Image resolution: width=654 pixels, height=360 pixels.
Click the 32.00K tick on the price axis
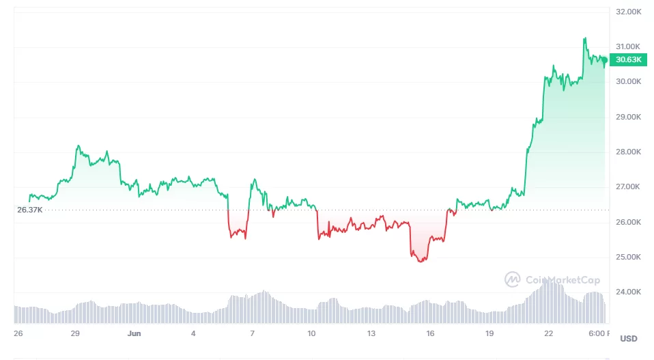(629, 12)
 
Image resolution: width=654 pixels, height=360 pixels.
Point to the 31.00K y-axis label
(629, 46)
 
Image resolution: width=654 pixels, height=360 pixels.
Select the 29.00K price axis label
(629, 117)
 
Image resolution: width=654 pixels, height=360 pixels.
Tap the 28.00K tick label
(629, 152)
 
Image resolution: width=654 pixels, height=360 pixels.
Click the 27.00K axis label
(629, 186)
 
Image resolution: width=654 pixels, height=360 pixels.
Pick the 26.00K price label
(629, 222)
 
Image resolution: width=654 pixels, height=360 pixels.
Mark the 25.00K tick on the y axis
(629, 257)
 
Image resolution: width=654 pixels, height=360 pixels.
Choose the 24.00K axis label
(629, 292)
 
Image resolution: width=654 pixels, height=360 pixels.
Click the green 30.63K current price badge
(628, 59)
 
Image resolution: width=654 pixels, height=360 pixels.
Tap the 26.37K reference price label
(30, 210)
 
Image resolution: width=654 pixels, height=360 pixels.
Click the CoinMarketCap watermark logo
(513, 279)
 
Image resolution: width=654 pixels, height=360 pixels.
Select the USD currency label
(628, 339)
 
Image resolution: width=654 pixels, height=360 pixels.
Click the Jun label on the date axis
(134, 333)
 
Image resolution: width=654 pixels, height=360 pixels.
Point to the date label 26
(18, 333)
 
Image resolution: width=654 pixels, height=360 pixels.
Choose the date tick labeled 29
(76, 333)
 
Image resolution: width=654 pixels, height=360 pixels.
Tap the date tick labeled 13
(371, 333)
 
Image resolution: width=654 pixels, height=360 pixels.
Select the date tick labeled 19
(489, 333)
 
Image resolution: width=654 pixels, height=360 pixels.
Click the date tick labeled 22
(549, 333)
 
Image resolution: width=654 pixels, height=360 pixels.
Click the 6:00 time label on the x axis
(598, 333)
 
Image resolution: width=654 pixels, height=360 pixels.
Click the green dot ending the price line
(605, 60)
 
